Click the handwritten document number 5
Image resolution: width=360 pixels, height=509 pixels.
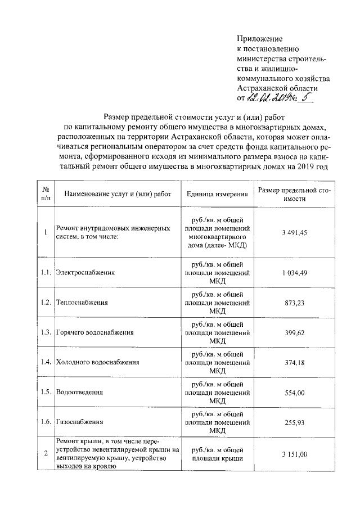point(306,98)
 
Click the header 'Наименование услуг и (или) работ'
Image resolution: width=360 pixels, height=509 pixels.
point(118,194)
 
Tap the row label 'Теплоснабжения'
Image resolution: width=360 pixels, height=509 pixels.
point(82,302)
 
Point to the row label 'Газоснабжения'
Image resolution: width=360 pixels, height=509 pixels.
point(80,421)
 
